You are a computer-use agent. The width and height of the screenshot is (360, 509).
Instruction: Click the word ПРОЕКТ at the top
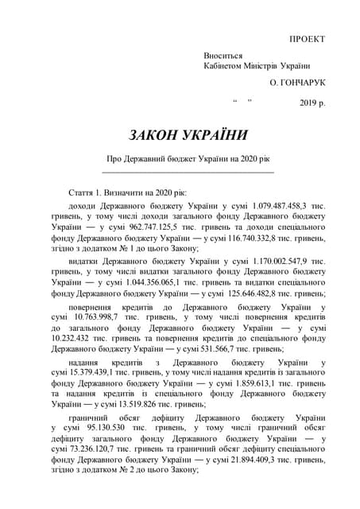pyautogui.click(x=307, y=38)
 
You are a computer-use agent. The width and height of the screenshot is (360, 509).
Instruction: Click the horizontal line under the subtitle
pyautogui.click(x=188, y=171)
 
